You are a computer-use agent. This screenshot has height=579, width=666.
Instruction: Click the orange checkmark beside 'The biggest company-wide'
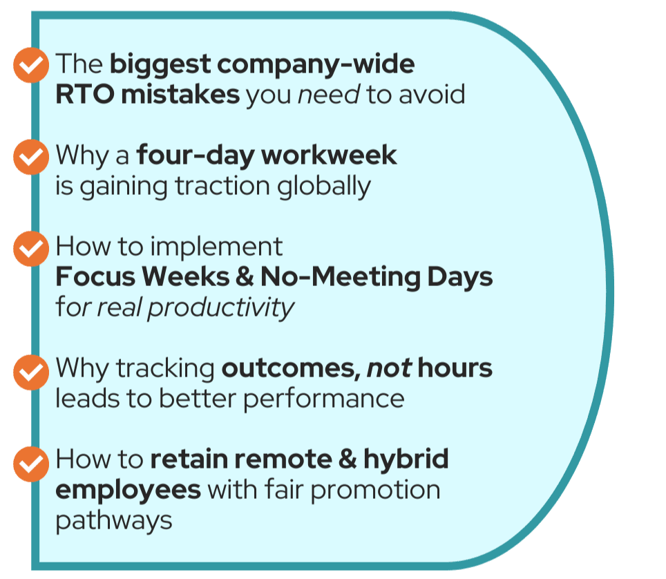point(31,65)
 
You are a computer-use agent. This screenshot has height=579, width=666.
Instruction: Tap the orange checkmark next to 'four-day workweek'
point(31,157)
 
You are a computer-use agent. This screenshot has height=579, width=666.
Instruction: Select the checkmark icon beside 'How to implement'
point(31,249)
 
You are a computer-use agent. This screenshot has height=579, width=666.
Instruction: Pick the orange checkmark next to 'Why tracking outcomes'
point(31,372)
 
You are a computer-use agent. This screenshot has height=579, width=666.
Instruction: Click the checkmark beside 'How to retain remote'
point(31,464)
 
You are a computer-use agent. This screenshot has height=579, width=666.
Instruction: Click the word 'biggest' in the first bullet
point(160,66)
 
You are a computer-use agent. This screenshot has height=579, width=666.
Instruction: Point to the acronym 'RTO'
point(85,94)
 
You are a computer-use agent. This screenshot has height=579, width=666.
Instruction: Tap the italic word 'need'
point(329,95)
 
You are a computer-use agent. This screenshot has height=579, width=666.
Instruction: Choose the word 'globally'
point(324,187)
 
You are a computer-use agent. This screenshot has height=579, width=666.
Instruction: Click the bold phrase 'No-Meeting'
point(340,278)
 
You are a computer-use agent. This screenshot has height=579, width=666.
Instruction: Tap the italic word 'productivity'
point(221,308)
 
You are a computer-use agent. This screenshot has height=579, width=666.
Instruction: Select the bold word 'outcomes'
point(288,368)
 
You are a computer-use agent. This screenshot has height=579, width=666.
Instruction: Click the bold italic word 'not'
point(389,368)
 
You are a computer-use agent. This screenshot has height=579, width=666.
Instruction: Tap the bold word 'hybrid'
point(406,460)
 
